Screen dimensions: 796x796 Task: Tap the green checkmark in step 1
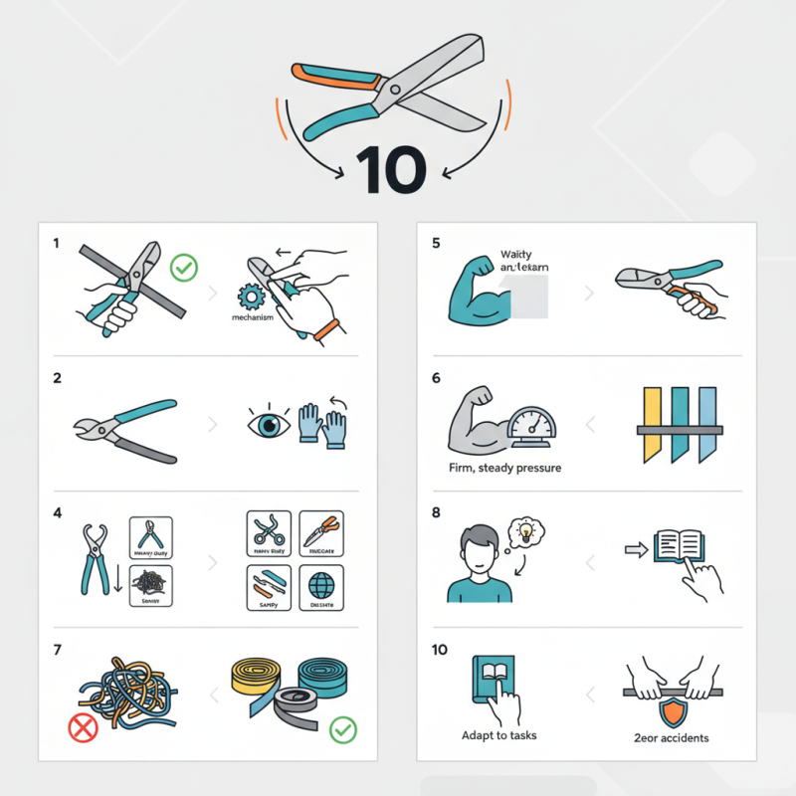[x=184, y=267]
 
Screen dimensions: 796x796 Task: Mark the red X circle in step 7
[x=83, y=728]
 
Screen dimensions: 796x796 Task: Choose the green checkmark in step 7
[x=341, y=730]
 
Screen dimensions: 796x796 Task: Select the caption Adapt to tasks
[x=498, y=736]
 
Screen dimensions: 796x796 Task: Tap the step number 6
[x=436, y=378]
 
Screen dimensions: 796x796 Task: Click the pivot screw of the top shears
[x=395, y=90]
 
